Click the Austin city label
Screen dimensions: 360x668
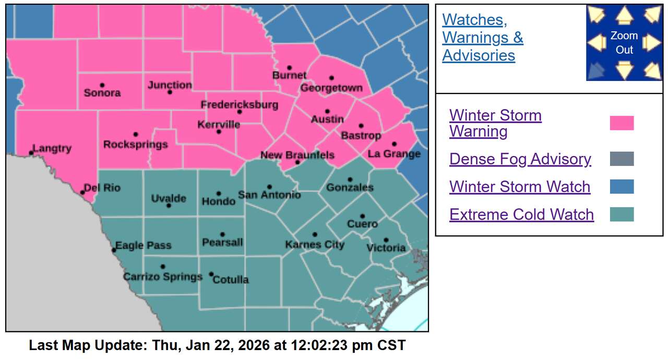pos(327,119)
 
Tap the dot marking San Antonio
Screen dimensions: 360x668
pos(269,187)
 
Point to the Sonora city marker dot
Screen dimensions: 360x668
pos(102,85)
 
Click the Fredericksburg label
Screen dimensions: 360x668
pos(240,105)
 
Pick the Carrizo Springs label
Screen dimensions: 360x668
pos(162,277)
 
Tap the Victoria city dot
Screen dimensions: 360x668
pos(386,240)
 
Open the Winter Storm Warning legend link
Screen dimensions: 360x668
pos(495,123)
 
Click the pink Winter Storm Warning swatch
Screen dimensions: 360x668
pos(622,123)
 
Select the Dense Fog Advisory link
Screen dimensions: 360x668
pos(520,159)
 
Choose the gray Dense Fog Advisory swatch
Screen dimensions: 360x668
pos(622,159)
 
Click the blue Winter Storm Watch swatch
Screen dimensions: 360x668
pos(622,187)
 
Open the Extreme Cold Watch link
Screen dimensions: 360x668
pos(521,214)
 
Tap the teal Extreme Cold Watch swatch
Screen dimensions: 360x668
pos(622,214)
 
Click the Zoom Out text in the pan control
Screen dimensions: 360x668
pos(624,43)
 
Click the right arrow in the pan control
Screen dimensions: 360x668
pos(651,43)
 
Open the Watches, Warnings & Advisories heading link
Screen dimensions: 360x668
pos(482,38)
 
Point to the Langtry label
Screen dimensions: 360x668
pos(52,149)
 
